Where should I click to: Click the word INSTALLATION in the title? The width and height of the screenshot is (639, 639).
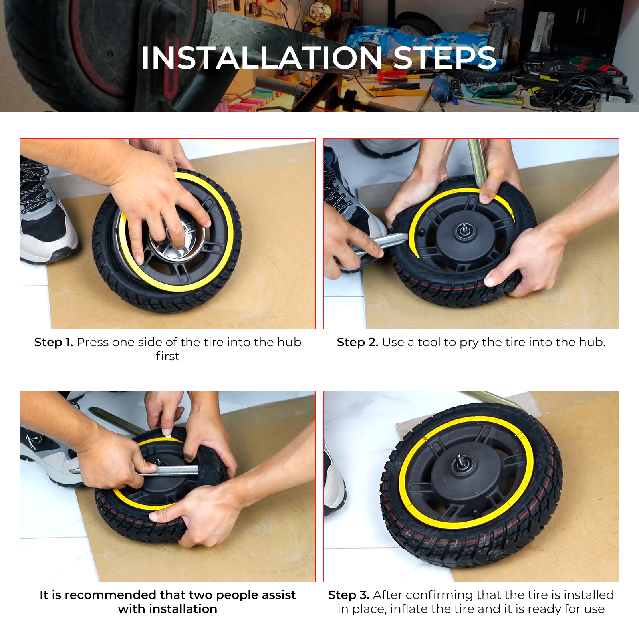pos(262,58)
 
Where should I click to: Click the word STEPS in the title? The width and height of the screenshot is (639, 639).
pos(445,58)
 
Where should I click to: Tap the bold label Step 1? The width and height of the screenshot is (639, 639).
pos(54,342)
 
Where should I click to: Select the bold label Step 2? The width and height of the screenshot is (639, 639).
pos(357,342)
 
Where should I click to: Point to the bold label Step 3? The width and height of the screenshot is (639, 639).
pos(349,595)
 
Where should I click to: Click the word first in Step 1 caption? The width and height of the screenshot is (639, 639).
pos(167,356)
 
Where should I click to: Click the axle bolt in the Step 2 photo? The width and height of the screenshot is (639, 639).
pos(464,230)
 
